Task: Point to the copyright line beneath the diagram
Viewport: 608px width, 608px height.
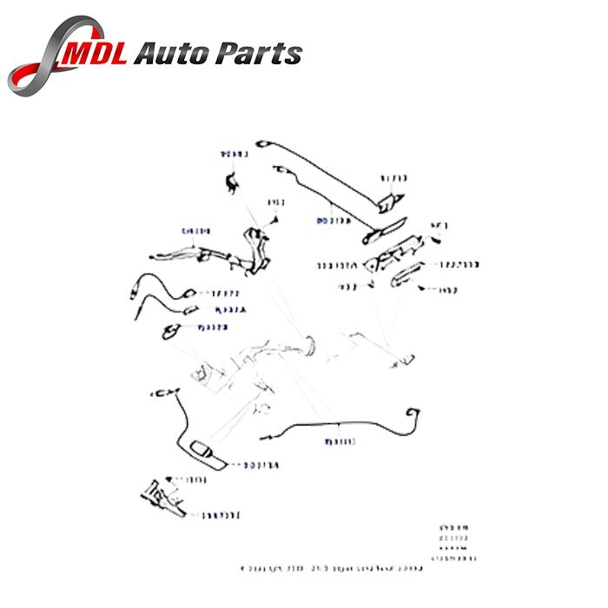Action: pyautogui.click(x=331, y=570)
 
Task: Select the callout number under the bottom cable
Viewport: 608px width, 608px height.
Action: pyautogui.click(x=341, y=442)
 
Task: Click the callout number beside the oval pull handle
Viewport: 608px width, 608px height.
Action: pyautogui.click(x=260, y=465)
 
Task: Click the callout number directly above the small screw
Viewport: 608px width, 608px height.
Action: pyautogui.click(x=276, y=202)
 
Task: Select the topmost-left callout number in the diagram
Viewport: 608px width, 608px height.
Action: pyautogui.click(x=234, y=155)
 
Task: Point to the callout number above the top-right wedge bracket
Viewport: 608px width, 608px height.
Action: pyautogui.click(x=393, y=178)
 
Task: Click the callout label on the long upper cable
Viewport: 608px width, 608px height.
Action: pyautogui.click(x=334, y=221)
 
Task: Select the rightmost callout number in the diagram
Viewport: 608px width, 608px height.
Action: pyautogui.click(x=464, y=265)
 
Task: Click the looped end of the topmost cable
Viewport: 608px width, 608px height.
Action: pyautogui.click(x=263, y=142)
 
